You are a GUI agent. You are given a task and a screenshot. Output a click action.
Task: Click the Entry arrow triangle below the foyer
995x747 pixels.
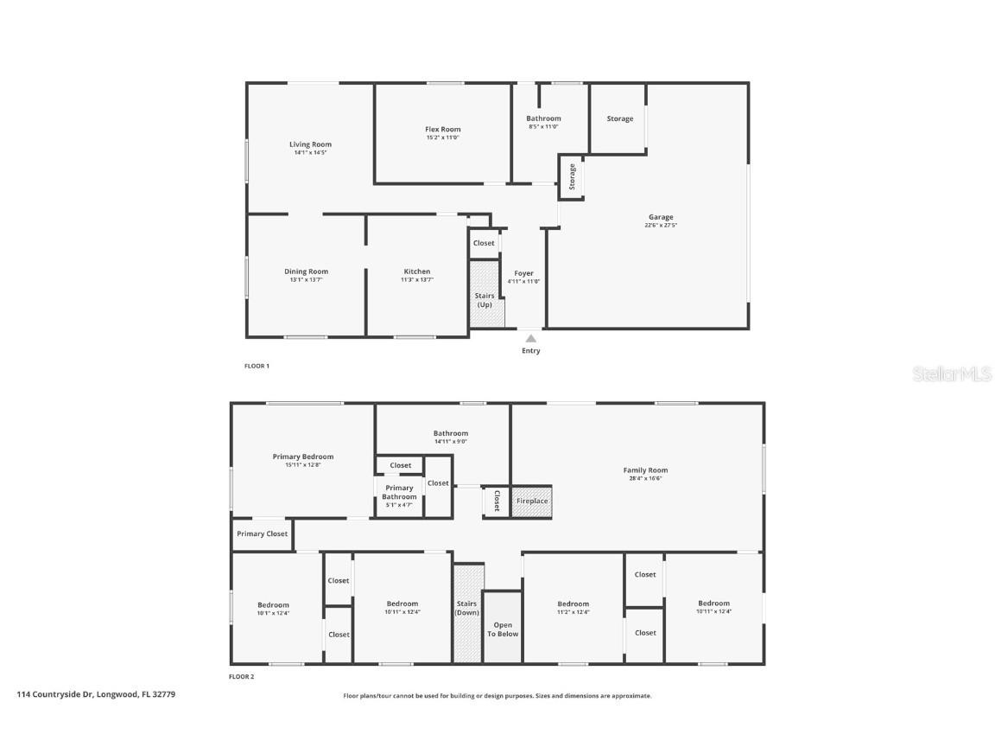530,339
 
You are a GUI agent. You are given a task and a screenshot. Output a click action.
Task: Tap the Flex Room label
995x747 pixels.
442,130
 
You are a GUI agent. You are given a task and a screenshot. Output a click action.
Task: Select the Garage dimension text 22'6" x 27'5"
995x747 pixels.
661,226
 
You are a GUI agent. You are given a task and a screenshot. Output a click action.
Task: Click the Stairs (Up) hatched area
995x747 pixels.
485,294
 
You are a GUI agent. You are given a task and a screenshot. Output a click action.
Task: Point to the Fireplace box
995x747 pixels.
532,501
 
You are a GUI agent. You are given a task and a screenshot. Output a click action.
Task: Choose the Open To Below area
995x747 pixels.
503,629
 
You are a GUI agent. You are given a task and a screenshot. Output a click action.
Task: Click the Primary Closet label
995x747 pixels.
262,534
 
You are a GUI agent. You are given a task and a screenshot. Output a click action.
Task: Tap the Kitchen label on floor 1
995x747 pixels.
416,271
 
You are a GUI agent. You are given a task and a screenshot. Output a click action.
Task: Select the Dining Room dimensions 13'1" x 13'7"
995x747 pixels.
306,279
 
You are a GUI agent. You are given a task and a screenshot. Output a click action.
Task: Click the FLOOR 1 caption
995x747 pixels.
257,366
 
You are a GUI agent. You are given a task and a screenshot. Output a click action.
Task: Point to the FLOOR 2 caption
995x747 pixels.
241,677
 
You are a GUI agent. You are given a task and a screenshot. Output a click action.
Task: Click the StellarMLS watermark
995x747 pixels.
954,373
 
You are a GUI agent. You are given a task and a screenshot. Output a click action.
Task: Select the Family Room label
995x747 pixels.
645,470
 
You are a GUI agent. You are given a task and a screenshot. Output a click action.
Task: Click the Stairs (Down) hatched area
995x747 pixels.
467,613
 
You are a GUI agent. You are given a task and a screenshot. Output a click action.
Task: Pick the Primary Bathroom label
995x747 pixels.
399,492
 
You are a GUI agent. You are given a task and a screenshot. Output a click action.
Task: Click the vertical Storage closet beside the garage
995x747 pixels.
571,177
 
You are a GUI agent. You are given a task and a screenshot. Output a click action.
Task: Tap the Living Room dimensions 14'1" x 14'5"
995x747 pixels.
310,152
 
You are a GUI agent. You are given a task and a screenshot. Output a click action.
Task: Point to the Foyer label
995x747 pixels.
523,273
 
